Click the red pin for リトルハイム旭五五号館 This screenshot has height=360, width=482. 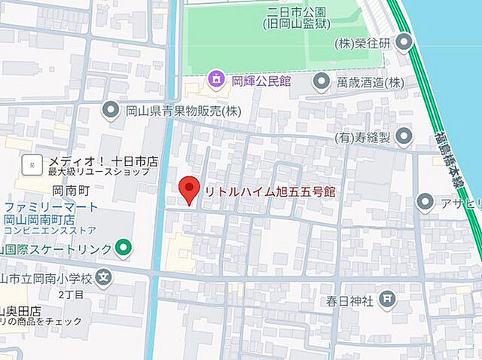pyautogui.click(x=188, y=190)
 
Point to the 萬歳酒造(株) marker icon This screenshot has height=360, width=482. pyautogui.click(x=322, y=81)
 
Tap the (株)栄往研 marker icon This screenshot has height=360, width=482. pyautogui.click(x=406, y=42)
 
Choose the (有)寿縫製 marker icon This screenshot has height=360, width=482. pyautogui.click(x=404, y=137)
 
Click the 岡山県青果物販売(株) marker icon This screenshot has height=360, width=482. pyautogui.click(x=111, y=111)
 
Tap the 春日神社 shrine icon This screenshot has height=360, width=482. pyautogui.click(x=387, y=301)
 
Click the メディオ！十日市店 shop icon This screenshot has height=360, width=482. pyautogui.click(x=31, y=163)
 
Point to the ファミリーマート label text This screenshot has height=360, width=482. pyautogui.click(x=50, y=207)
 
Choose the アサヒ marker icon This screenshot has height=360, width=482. pyautogui.click(x=426, y=203)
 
